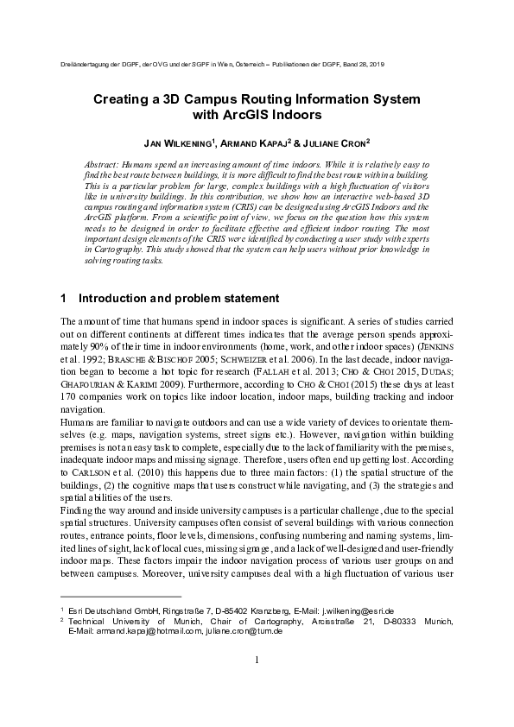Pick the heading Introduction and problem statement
(x=179, y=299)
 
